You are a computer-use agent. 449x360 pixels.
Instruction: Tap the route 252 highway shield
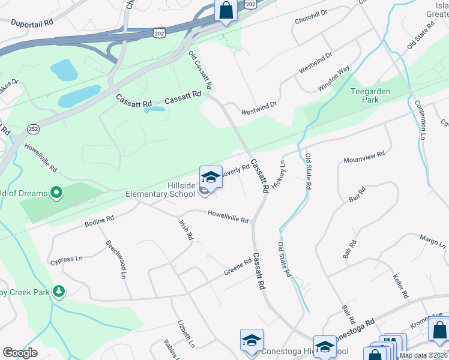click(34, 128)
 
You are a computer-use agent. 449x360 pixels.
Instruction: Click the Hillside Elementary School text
click(160, 190)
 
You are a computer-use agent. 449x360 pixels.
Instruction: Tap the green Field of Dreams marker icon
click(56, 193)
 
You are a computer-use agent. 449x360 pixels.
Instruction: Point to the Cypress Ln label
click(66, 260)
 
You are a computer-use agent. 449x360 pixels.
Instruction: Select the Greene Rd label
click(237, 266)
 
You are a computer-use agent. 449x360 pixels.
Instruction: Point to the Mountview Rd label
click(364, 158)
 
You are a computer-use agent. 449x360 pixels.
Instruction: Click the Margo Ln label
click(433, 241)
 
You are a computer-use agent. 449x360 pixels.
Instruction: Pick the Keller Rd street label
click(400, 286)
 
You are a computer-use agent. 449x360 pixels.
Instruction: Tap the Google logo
click(20, 352)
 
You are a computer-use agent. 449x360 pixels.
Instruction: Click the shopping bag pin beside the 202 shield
click(226, 11)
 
